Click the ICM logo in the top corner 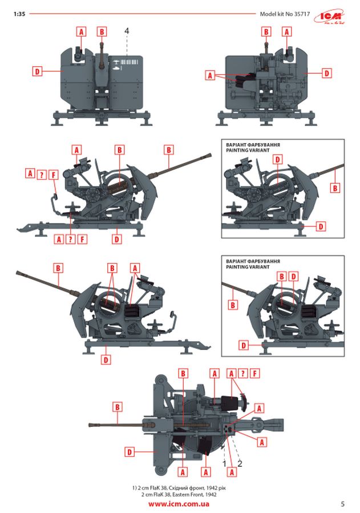tap(330, 17)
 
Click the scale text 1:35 tap(19, 14)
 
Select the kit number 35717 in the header tap(302, 14)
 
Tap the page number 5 tap(343, 504)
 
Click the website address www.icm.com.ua tap(179, 504)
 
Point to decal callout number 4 tap(127, 31)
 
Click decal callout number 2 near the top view tap(240, 463)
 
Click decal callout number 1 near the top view tap(224, 463)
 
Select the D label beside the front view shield tap(37, 71)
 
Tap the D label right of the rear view tap(326, 73)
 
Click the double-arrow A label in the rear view tap(210, 75)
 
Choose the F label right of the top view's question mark tap(255, 373)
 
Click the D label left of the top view tap(130, 452)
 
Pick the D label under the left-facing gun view tap(106, 360)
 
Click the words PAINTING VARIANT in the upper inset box tap(248, 150)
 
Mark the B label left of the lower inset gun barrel tap(233, 305)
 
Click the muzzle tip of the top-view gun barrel tap(90, 425)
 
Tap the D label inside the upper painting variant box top tap(278, 160)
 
